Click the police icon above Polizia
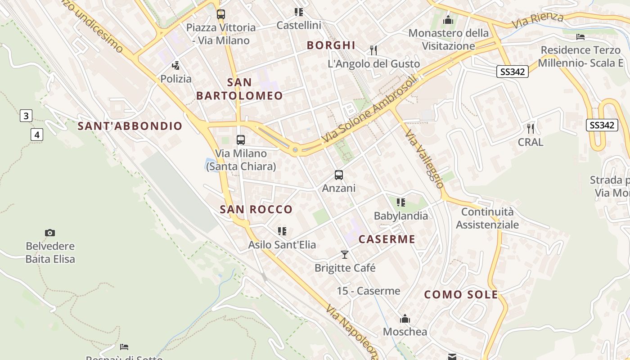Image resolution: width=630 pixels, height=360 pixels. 176,65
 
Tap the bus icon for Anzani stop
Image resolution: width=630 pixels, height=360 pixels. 339,175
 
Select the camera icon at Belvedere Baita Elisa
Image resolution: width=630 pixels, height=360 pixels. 50,233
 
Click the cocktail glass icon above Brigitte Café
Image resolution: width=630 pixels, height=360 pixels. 345,255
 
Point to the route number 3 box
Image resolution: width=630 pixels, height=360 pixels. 26,116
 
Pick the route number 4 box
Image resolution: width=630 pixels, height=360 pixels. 37,134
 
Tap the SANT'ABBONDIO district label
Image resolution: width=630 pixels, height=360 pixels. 130,126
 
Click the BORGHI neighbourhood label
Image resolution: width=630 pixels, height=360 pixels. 331,45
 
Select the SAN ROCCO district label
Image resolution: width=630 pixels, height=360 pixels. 256,209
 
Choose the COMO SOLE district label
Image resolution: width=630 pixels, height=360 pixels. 461,295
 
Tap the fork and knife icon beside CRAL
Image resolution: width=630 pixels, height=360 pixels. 531,129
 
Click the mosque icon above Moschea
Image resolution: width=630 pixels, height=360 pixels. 405,319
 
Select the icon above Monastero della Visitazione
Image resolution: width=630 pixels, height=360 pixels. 448,20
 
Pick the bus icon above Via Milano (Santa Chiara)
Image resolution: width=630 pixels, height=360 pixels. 241,140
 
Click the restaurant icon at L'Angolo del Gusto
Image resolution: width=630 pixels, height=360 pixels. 373,50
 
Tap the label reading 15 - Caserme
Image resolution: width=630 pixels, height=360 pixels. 369,291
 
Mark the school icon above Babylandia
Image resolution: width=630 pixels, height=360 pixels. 401,202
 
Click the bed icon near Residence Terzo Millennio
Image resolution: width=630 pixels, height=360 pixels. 580,36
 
